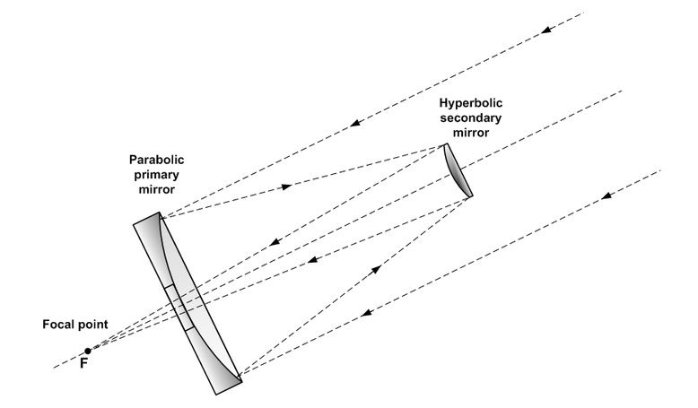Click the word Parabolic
pos(156,161)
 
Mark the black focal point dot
pos(86,350)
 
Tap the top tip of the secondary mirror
pos(446,145)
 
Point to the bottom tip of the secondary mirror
pos(470,196)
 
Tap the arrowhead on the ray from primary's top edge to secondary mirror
pos(286,187)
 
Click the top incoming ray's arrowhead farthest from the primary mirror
pos(545,31)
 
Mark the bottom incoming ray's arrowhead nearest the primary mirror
pos(364,313)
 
